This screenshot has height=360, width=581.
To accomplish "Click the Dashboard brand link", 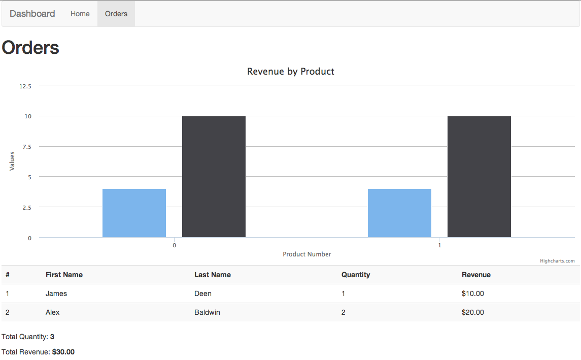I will [32, 14].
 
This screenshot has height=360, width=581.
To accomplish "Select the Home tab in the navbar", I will [80, 14].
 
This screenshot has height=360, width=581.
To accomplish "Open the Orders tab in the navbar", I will [116, 14].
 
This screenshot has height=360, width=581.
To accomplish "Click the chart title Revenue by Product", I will [291, 72].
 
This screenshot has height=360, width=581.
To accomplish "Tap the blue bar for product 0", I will [134, 213].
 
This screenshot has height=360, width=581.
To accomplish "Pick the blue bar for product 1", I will [399, 213].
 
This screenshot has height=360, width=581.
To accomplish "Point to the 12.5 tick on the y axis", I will [25, 86].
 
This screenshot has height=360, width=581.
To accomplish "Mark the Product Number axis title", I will [307, 254].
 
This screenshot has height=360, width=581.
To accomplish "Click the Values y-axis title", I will [12, 161].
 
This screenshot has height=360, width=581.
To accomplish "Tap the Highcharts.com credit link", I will [557, 261].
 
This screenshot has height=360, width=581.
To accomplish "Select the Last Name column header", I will [213, 275].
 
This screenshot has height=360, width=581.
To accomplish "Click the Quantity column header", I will [356, 275].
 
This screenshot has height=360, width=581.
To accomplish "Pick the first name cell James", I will [56, 293].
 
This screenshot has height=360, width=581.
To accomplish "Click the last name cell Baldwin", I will [207, 312].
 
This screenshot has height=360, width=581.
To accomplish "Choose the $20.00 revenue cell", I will [473, 312].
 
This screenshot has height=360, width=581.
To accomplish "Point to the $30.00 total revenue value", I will [63, 352].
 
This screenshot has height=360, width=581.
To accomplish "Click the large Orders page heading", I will [30, 48].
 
